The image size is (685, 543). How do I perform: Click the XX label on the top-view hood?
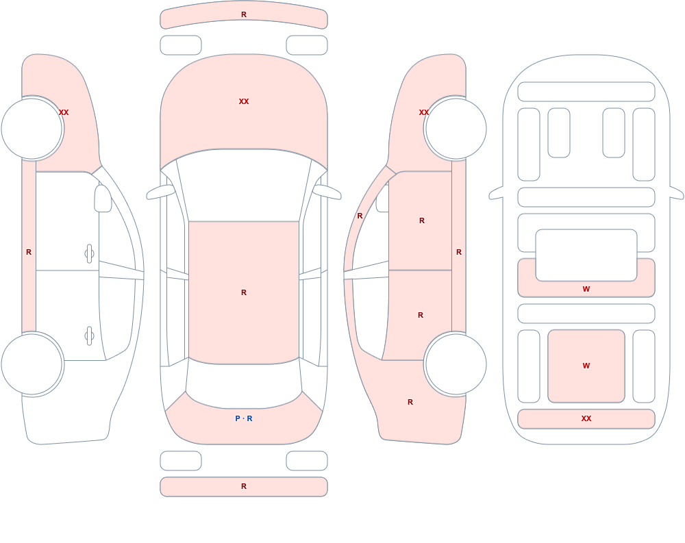(x=244, y=101)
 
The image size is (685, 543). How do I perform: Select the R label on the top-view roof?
(x=244, y=292)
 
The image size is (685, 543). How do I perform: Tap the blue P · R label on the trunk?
(x=244, y=418)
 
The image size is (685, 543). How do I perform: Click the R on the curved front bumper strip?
(x=244, y=14)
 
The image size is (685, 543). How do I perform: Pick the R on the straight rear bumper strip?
(x=244, y=486)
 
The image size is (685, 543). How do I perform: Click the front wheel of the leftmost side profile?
(x=32, y=129)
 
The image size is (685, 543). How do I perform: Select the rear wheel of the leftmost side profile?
(x=32, y=364)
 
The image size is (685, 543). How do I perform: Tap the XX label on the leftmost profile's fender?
(x=64, y=112)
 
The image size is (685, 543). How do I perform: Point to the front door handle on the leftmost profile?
(x=89, y=254)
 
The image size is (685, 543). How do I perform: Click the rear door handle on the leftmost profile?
(x=89, y=336)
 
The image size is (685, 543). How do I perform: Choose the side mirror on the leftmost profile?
(x=103, y=199)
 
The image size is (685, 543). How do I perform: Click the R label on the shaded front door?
(x=421, y=220)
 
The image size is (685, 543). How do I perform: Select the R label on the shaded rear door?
(x=421, y=315)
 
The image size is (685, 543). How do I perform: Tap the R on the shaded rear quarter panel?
(x=410, y=402)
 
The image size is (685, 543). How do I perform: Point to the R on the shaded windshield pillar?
(x=360, y=216)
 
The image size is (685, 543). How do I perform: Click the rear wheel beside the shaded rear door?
(x=456, y=364)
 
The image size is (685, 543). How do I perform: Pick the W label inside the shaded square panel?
(x=586, y=366)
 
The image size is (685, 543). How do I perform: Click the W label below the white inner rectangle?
(x=586, y=289)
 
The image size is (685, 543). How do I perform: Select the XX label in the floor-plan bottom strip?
(x=586, y=418)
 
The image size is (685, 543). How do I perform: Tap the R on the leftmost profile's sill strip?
(x=29, y=252)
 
